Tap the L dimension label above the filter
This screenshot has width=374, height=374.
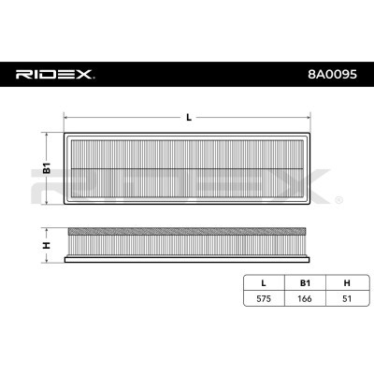(x=189, y=117)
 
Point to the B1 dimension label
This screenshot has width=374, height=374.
(x=44, y=170)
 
